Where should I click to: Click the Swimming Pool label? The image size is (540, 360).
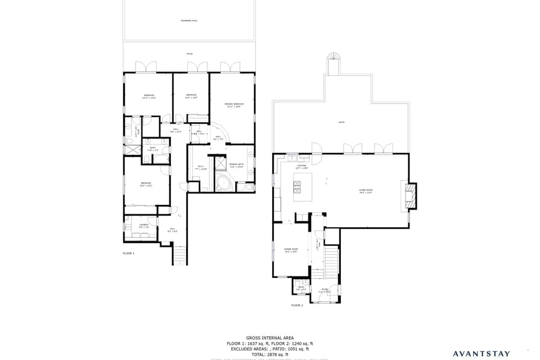tap(189, 21)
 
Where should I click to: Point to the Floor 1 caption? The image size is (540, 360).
tap(129, 254)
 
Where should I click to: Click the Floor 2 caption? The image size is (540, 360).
tap(297, 305)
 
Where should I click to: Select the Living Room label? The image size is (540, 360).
tap(366, 191)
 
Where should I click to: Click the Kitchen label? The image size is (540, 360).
tap(301, 166)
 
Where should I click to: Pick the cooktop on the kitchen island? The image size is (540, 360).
tap(297, 186)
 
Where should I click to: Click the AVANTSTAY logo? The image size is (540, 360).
tap(481, 354)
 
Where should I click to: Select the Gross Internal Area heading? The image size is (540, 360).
tap(269, 338)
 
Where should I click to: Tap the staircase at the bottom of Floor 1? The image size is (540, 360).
tap(179, 255)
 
